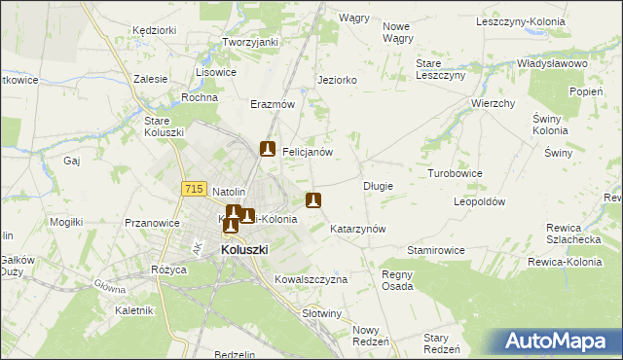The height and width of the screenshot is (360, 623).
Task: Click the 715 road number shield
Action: click(x=193, y=187)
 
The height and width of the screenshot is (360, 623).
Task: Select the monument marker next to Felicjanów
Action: click(x=268, y=150)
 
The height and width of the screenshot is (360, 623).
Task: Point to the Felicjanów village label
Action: click(x=309, y=152)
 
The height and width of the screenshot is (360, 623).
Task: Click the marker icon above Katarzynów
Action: click(x=313, y=201)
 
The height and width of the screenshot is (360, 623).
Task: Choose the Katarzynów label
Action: click(x=359, y=229)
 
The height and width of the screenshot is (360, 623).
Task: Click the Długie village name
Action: click(x=378, y=185)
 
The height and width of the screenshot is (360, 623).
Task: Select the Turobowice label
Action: click(x=455, y=173)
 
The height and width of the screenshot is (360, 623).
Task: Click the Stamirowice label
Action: click(x=436, y=250)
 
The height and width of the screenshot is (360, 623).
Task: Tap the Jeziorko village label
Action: click(x=338, y=80)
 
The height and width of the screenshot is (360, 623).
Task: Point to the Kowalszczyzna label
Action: click(x=311, y=278)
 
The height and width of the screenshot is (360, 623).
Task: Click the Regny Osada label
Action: click(x=397, y=280)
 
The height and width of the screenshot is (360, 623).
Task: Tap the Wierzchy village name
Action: click(x=493, y=103)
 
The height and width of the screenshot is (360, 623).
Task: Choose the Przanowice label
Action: click(x=152, y=223)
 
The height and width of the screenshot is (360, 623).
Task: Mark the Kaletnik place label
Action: click(x=135, y=311)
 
